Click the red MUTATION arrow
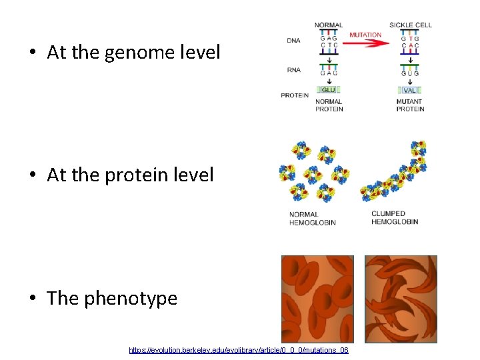(366, 43)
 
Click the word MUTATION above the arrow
(365, 35)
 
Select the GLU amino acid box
(329, 90)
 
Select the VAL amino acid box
(409, 90)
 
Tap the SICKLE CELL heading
(411, 25)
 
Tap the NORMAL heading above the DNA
(329, 25)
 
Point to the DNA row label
(293, 41)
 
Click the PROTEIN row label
(295, 95)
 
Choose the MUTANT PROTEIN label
(410, 105)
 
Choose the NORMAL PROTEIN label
(329, 105)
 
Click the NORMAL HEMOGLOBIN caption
(312, 218)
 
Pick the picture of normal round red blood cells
(317, 299)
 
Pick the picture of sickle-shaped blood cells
(401, 299)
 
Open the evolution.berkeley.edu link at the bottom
(239, 350)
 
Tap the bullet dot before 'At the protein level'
(33, 175)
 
